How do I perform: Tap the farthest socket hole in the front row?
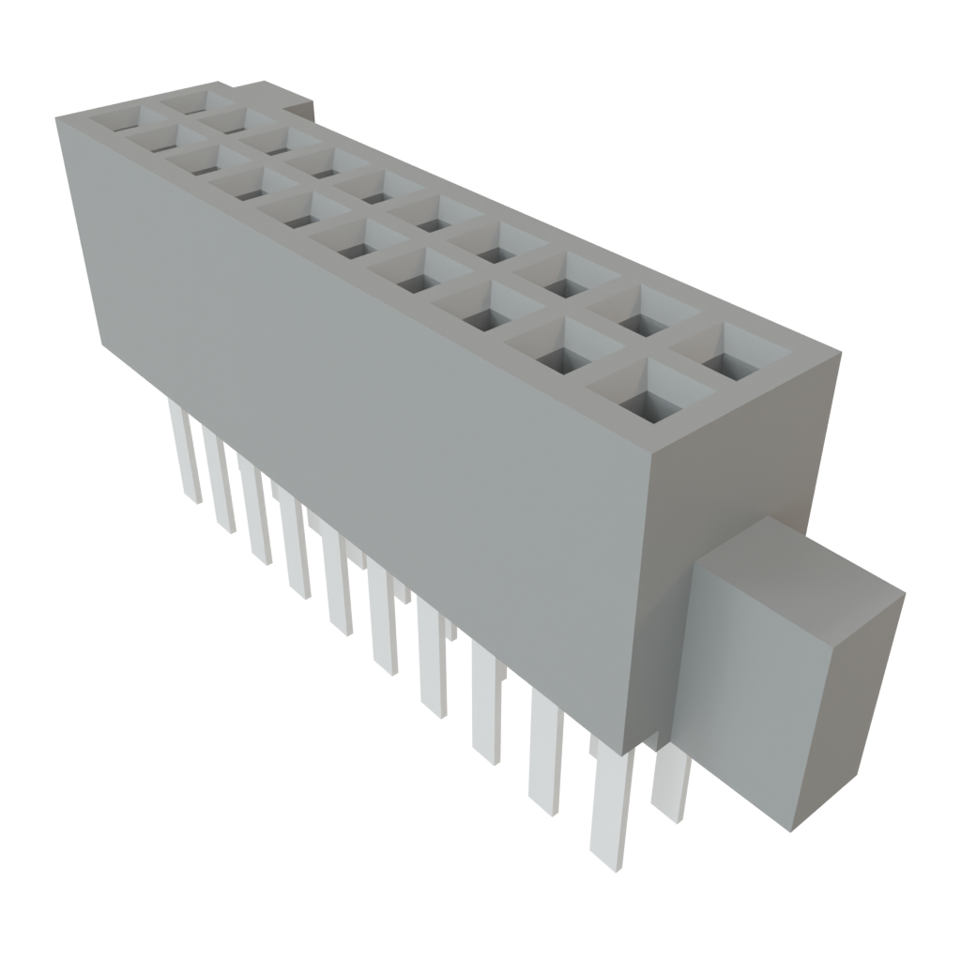coord(125,119)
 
